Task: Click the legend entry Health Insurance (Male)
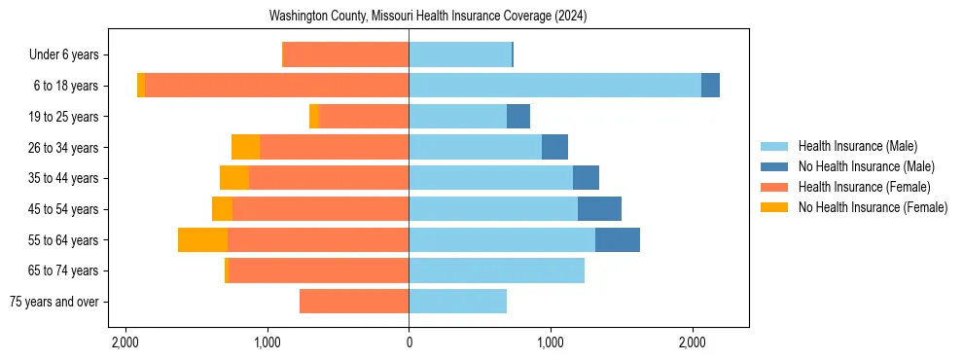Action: pos(857,146)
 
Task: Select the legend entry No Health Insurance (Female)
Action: pos(873,207)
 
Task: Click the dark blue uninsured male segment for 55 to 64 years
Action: pos(618,239)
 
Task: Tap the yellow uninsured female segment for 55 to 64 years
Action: pos(202,239)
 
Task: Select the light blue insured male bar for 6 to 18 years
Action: pos(554,86)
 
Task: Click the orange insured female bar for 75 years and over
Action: pos(354,302)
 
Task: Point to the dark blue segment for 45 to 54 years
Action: pos(599,209)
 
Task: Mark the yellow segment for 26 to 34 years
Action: pos(245,147)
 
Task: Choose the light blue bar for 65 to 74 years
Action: pos(496,270)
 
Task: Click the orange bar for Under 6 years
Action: pos(345,54)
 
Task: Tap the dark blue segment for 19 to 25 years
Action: pos(518,117)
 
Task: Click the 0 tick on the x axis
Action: pos(409,342)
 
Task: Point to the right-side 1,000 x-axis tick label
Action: pos(551,342)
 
